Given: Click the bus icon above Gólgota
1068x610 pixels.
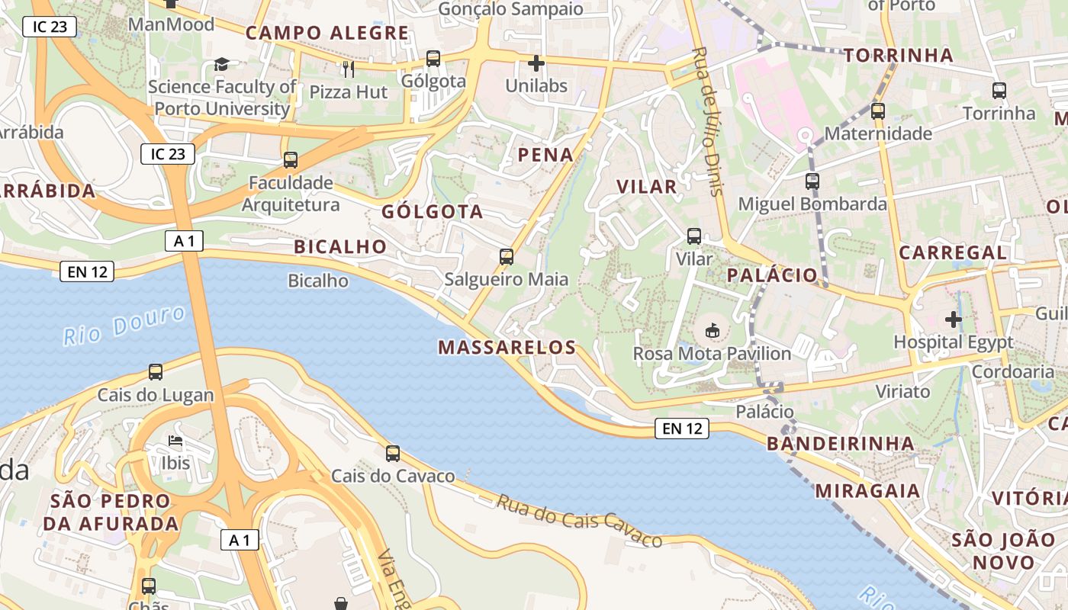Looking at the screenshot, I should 433,59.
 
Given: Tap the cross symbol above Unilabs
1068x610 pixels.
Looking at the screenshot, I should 536,63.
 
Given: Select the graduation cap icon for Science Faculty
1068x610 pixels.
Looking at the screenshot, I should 221,65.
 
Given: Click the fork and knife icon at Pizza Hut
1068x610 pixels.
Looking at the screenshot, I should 349,69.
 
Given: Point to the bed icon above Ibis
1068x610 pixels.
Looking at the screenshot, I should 175,441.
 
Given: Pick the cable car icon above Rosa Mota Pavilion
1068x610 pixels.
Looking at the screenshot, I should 712,331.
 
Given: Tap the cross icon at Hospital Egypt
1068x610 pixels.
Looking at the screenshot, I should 954,319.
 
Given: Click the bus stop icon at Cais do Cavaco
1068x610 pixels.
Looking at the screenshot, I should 393,454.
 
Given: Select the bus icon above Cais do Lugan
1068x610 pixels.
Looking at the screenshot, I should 156,372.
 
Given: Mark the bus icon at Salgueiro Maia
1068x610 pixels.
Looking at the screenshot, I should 507,257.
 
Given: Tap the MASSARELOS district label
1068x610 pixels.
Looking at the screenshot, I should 507,348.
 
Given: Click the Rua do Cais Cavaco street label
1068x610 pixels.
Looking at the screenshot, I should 580,522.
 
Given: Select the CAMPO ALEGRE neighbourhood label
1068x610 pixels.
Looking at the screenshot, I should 327,33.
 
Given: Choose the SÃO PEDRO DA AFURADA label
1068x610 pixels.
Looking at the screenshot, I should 111,512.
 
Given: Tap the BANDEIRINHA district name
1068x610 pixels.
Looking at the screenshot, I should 840,443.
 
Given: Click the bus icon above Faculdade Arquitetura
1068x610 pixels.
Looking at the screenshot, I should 291,160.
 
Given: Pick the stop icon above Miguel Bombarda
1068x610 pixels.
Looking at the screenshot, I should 812,181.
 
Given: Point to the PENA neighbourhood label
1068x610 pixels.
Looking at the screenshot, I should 545,155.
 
